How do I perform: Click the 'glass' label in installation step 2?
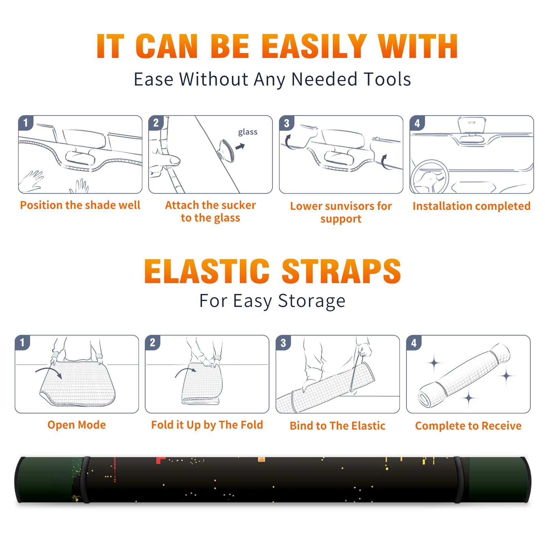point(248,132)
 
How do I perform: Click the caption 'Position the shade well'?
point(80,205)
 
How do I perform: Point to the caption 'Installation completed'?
point(471,206)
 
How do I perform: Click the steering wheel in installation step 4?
point(430,177)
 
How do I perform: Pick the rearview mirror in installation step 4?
point(471,125)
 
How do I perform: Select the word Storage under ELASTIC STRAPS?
point(312,301)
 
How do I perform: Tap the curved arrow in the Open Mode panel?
point(49,371)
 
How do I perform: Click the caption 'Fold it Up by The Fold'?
point(207,425)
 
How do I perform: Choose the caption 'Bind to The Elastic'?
point(337,426)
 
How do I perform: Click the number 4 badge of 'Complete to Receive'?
point(414,343)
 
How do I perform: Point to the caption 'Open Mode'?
point(77,425)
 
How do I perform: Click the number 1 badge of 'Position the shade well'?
point(26,123)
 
